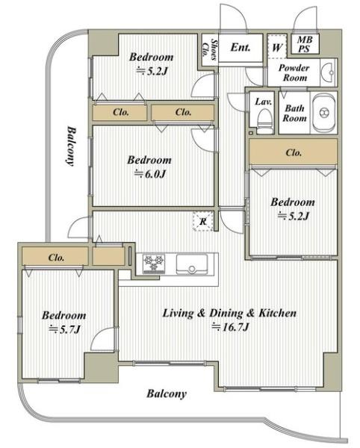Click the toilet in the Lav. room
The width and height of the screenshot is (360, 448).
[264, 122]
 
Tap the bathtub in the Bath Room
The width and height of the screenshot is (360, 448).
[323, 112]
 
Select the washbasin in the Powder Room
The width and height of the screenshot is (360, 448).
[329, 72]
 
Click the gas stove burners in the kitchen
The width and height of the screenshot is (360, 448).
[154, 263]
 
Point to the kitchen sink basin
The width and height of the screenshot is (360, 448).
[192, 264]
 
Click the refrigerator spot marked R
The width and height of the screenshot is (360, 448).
[203, 221]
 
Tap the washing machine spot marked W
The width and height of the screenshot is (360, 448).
[277, 46]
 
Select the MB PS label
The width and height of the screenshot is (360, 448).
[305, 44]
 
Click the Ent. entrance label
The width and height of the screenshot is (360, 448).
[240, 47]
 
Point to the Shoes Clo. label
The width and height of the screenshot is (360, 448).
[210, 49]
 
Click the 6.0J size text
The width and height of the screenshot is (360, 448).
[150, 174]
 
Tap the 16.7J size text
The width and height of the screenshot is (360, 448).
[230, 326]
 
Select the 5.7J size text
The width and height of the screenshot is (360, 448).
[64, 329]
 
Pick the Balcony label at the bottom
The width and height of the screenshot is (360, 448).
[167, 393]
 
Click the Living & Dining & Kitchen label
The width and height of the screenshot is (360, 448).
[229, 313]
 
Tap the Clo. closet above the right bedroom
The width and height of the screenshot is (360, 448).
[294, 152]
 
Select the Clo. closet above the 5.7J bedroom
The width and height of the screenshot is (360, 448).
[55, 257]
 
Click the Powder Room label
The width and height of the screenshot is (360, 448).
[294, 72]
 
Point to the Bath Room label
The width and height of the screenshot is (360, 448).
[294, 113]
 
